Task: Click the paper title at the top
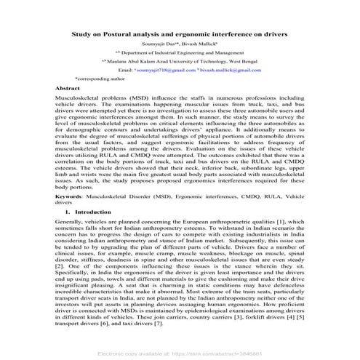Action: coord(179,34)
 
